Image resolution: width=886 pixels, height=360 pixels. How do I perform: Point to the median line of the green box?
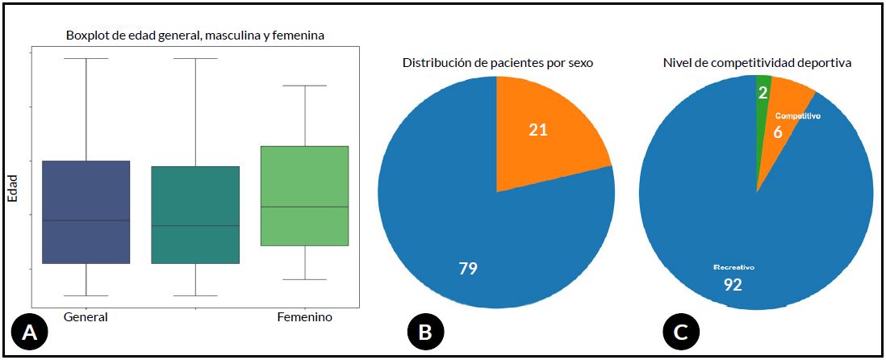tap(305, 207)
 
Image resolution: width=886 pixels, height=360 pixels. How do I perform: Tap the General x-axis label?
tap(85, 317)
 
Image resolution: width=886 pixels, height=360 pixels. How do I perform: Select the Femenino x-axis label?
tap(304, 317)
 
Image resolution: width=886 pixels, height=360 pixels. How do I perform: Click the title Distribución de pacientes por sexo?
tap(498, 62)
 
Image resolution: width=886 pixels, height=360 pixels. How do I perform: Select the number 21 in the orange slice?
tap(538, 130)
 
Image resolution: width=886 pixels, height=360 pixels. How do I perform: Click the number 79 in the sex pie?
tap(467, 269)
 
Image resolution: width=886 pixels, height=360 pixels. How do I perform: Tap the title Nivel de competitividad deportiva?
tap(757, 62)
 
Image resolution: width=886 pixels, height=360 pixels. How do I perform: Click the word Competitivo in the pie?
tap(797, 116)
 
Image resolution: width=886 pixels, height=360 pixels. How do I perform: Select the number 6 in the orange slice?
tap(778, 132)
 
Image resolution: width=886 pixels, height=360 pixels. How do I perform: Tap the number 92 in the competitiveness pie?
tap(733, 284)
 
